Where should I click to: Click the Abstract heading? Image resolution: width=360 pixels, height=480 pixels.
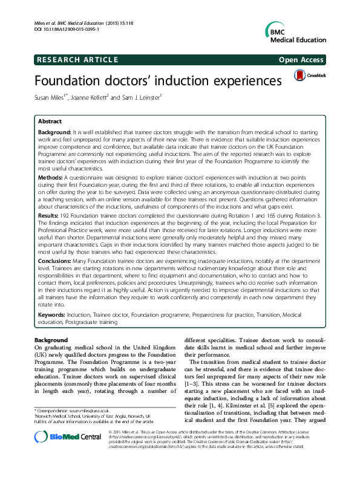[x=50, y=121]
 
